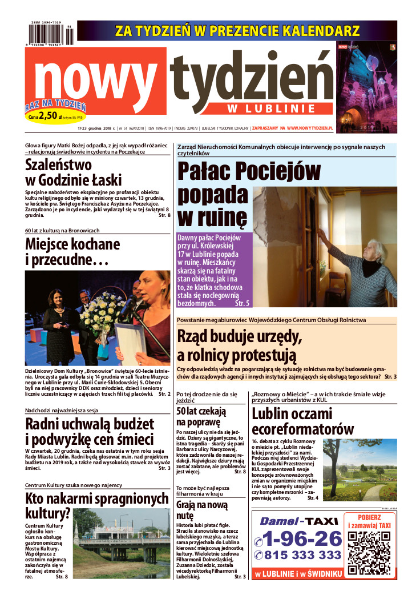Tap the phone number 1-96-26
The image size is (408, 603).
298,538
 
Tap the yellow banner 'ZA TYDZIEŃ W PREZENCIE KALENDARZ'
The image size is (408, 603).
237,31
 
